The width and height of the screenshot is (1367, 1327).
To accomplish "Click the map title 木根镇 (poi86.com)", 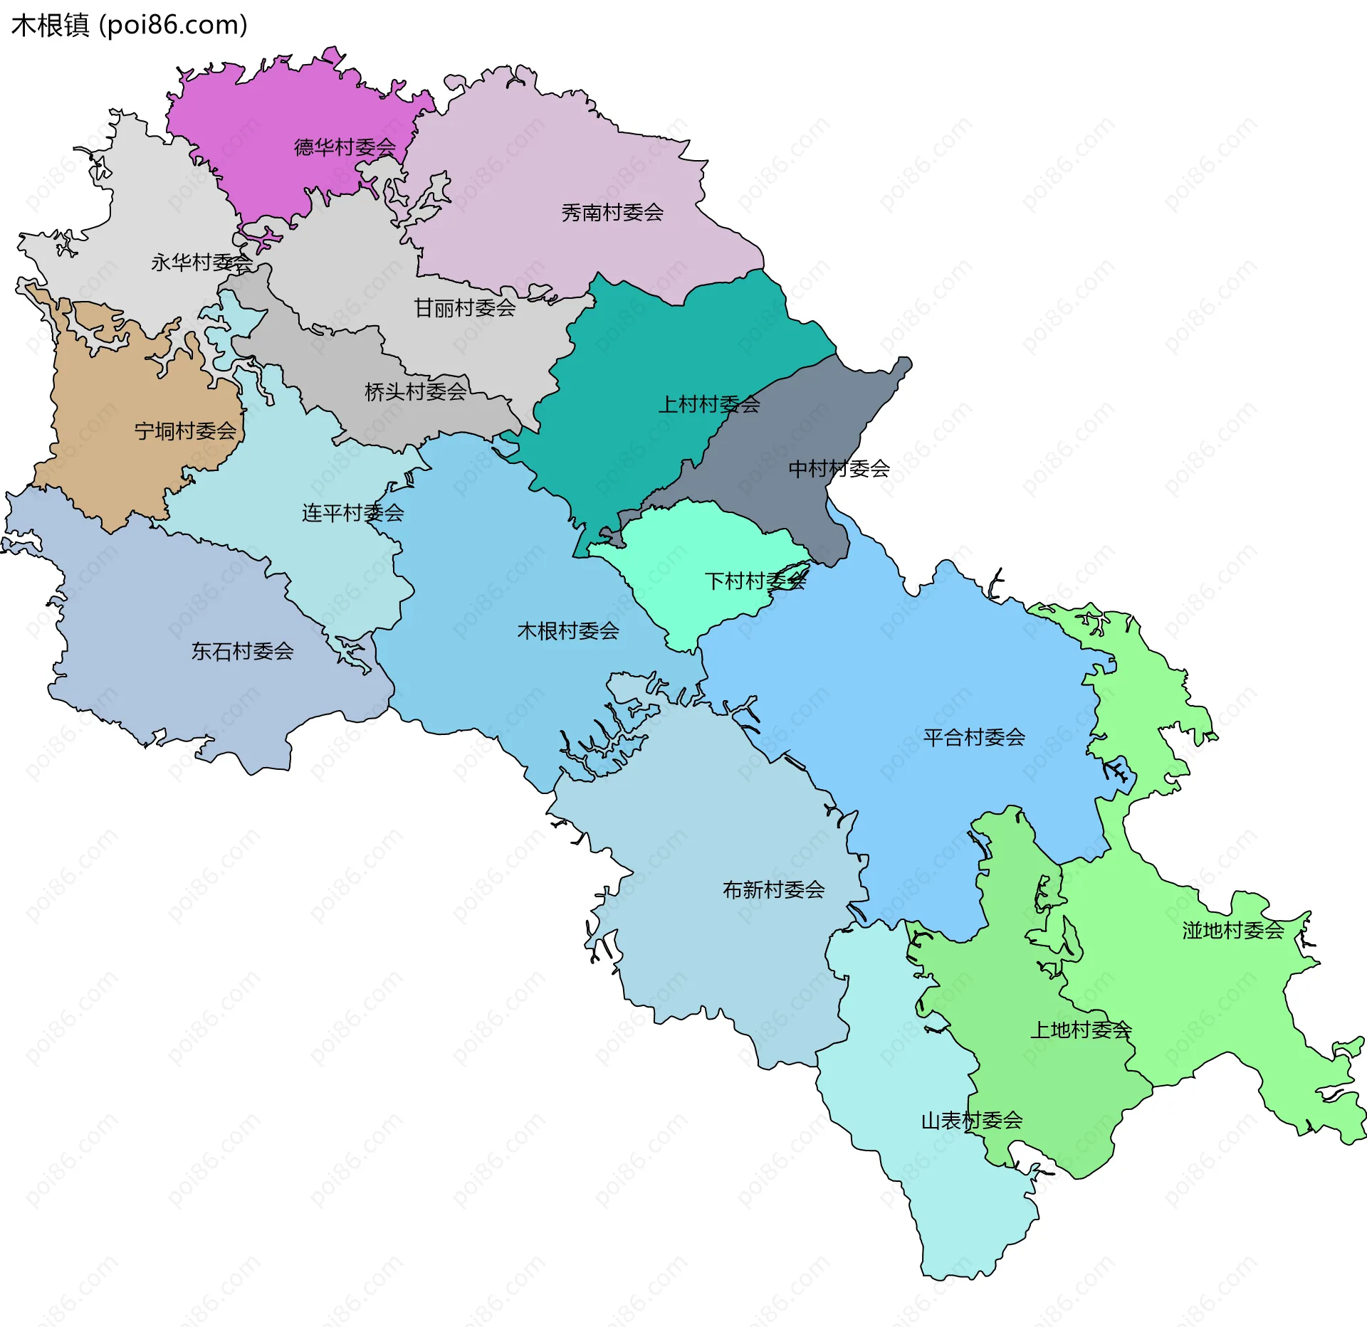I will click(129, 25).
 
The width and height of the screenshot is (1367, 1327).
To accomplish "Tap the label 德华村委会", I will click(345, 147).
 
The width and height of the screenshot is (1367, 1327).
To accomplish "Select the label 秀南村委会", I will click(612, 212).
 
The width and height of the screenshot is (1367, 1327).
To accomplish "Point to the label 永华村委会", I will click(201, 263).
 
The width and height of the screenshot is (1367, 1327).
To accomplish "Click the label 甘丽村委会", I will click(465, 308).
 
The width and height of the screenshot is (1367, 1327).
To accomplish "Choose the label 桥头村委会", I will click(416, 391).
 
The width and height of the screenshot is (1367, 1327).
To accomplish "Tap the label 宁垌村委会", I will click(185, 431).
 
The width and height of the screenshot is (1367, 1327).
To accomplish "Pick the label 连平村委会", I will click(352, 513).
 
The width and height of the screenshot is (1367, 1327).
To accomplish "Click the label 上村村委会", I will click(709, 405).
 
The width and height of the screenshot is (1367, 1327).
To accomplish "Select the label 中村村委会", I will click(839, 469).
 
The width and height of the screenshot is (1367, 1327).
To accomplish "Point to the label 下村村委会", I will click(755, 581).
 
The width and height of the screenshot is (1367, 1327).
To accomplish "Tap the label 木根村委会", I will click(567, 631).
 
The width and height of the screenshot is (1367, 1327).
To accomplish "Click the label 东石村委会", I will click(242, 651).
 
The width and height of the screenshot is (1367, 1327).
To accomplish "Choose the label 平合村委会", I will click(973, 738).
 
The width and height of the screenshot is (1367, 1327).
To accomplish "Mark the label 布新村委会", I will click(773, 890).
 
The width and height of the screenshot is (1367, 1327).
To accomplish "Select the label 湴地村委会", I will click(1233, 931).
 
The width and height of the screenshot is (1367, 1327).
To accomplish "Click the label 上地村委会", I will click(1081, 1030).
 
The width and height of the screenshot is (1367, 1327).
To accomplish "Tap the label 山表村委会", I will click(971, 1121).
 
